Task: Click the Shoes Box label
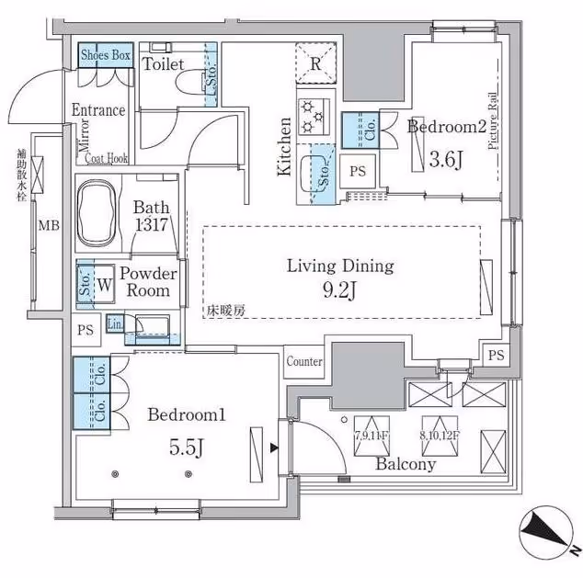click(106, 55)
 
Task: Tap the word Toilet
click(164, 65)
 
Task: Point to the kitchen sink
click(322, 173)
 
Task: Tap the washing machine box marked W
click(104, 285)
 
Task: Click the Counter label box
click(303, 361)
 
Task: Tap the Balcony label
click(405, 464)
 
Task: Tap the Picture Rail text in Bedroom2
click(494, 121)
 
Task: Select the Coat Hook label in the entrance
click(107, 157)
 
